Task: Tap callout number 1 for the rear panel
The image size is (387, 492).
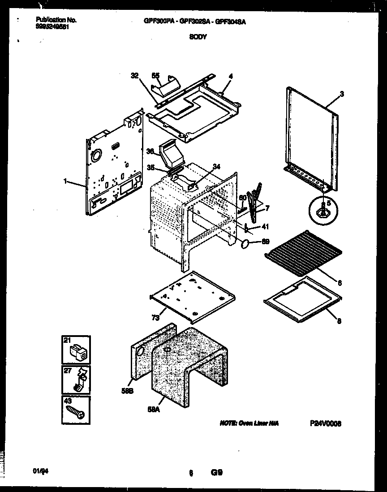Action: (x=65, y=181)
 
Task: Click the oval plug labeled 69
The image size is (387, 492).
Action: (x=246, y=244)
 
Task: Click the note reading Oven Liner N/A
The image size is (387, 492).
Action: (x=249, y=423)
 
